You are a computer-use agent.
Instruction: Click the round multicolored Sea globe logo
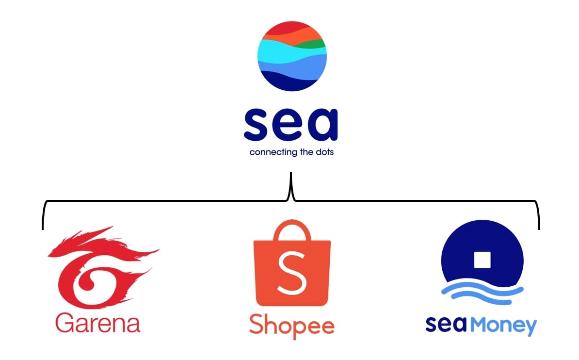click(292, 56)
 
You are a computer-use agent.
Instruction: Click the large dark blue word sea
click(290, 125)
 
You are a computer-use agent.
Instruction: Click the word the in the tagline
click(305, 152)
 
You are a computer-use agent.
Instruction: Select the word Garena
click(97, 323)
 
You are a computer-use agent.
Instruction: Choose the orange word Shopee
click(291, 326)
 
